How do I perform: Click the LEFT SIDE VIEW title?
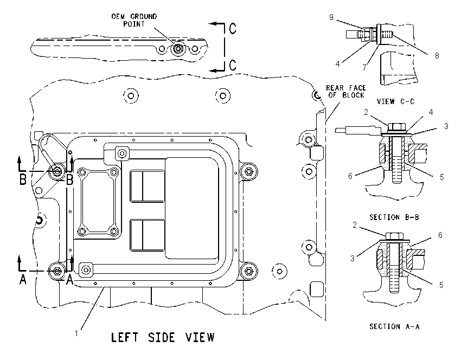163,337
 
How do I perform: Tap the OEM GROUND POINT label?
134,20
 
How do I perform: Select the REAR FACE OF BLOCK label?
346,92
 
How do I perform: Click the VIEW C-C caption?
395,101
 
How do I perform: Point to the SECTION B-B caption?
394,217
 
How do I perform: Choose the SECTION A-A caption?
394,326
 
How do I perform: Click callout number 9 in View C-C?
331,17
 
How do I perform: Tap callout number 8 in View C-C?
437,55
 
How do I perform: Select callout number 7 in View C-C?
364,68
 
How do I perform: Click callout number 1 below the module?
76,333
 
